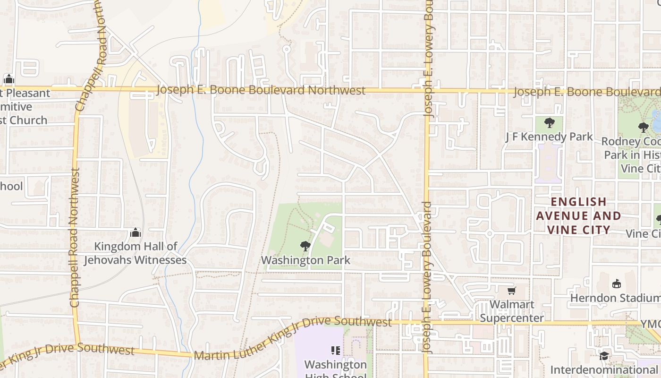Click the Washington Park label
[305, 260]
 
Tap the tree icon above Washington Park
[305, 246]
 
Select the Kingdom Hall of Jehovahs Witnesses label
[136, 253]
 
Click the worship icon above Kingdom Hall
[136, 232]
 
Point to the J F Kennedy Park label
[549, 137]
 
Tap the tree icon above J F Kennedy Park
[549, 123]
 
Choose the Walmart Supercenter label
[512, 311]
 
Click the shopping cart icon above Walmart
[511, 291]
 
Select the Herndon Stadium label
[615, 298]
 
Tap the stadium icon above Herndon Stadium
[616, 284]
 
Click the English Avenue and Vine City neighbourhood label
[578, 216]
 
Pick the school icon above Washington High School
[336, 351]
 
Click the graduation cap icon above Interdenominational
[604, 355]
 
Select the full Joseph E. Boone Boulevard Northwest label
[261, 90]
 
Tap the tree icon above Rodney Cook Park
[643, 127]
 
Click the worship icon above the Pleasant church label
[8, 79]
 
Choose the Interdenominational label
[605, 369]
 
